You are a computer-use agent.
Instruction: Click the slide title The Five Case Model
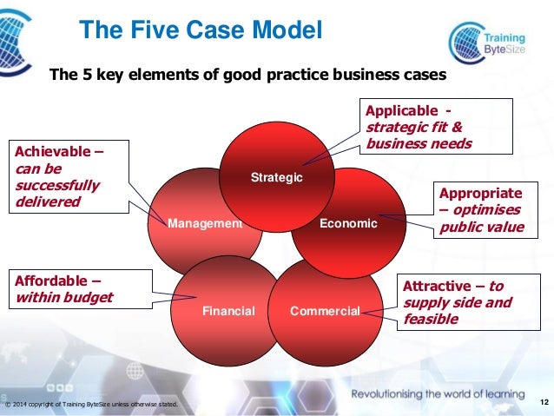pos(201,31)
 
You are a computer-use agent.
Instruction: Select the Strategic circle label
pos(276,178)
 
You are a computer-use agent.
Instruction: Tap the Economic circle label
pos(348,223)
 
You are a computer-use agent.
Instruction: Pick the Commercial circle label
pos(325,310)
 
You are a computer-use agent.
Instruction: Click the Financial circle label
pos(228,310)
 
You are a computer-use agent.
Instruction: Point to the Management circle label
pos(205,223)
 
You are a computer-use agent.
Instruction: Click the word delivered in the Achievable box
pos(48,202)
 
